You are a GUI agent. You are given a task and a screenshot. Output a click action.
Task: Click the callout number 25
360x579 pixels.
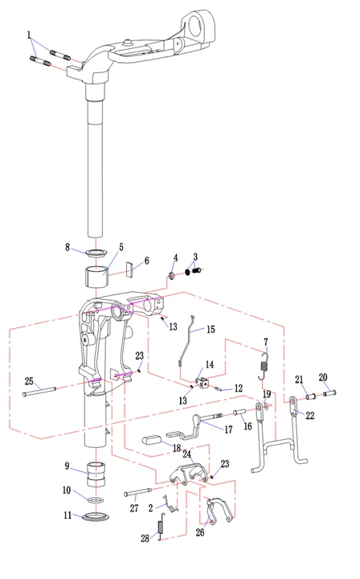29,381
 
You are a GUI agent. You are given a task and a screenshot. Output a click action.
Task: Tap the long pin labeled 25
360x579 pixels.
39,391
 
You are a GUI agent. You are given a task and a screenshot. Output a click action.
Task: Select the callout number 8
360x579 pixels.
67,247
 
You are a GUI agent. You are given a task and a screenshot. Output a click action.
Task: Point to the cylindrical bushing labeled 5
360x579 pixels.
96,277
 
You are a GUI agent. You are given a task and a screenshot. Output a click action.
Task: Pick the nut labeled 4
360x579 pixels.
172,276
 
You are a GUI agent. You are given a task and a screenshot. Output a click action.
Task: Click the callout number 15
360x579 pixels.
211,330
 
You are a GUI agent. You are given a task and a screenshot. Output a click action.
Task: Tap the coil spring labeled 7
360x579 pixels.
264,367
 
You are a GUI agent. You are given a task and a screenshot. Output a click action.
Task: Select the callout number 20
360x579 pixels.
323,377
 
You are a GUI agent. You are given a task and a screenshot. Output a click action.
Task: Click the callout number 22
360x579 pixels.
310,416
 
